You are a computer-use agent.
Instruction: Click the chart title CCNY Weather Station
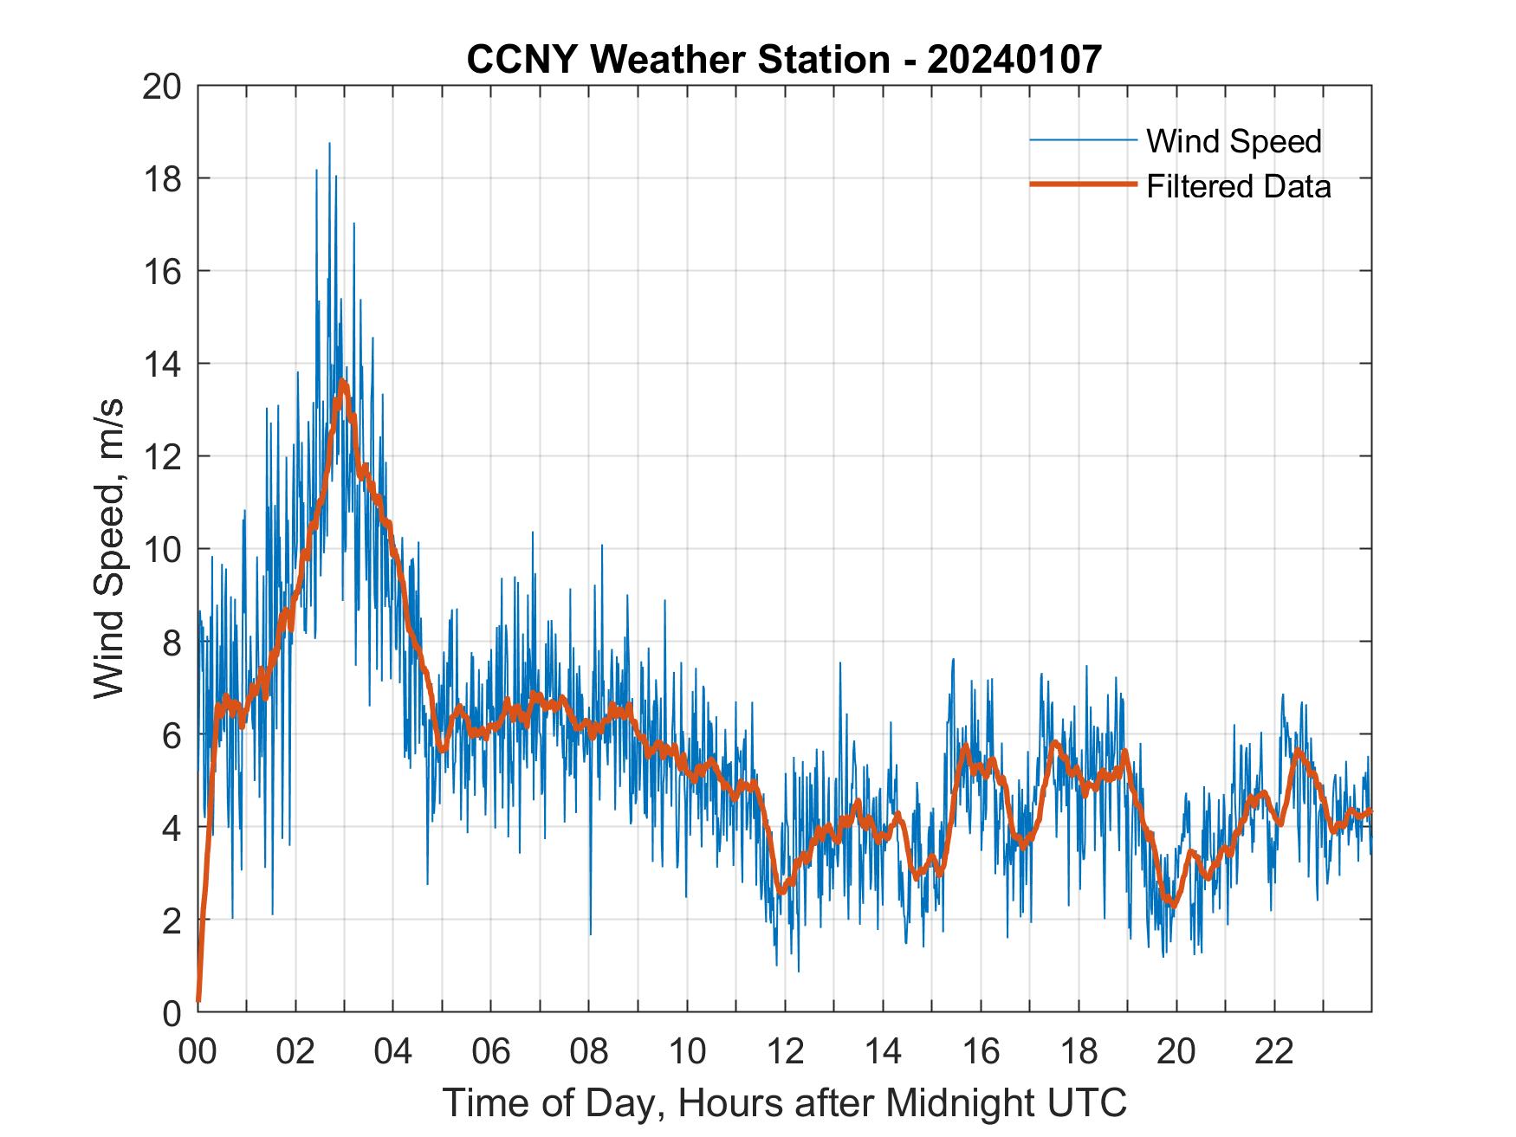pyautogui.click(x=784, y=60)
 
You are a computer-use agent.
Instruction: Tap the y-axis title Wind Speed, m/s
pyautogui.click(x=110, y=548)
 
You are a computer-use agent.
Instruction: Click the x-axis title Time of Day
pyautogui.click(x=784, y=1102)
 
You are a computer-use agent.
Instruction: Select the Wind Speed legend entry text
pyautogui.click(x=1234, y=141)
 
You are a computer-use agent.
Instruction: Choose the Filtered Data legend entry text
pyautogui.click(x=1238, y=186)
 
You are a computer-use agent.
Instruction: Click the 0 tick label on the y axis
pyautogui.click(x=172, y=1011)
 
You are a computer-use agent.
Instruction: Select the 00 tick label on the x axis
pyautogui.click(x=198, y=1051)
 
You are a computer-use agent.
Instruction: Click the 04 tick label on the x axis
pyautogui.click(x=393, y=1051)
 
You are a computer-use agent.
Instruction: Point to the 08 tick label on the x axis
pyautogui.click(x=589, y=1051)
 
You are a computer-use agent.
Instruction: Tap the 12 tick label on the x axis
pyautogui.click(x=785, y=1051)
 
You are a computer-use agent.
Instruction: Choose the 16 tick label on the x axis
pyautogui.click(x=981, y=1051)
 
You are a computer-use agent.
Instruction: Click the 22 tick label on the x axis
pyautogui.click(x=1274, y=1051)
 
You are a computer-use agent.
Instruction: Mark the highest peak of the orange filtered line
pyautogui.click(x=343, y=381)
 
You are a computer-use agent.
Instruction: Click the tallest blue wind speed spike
pyautogui.click(x=329, y=144)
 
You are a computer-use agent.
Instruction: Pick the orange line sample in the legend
pyautogui.click(x=1082, y=184)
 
